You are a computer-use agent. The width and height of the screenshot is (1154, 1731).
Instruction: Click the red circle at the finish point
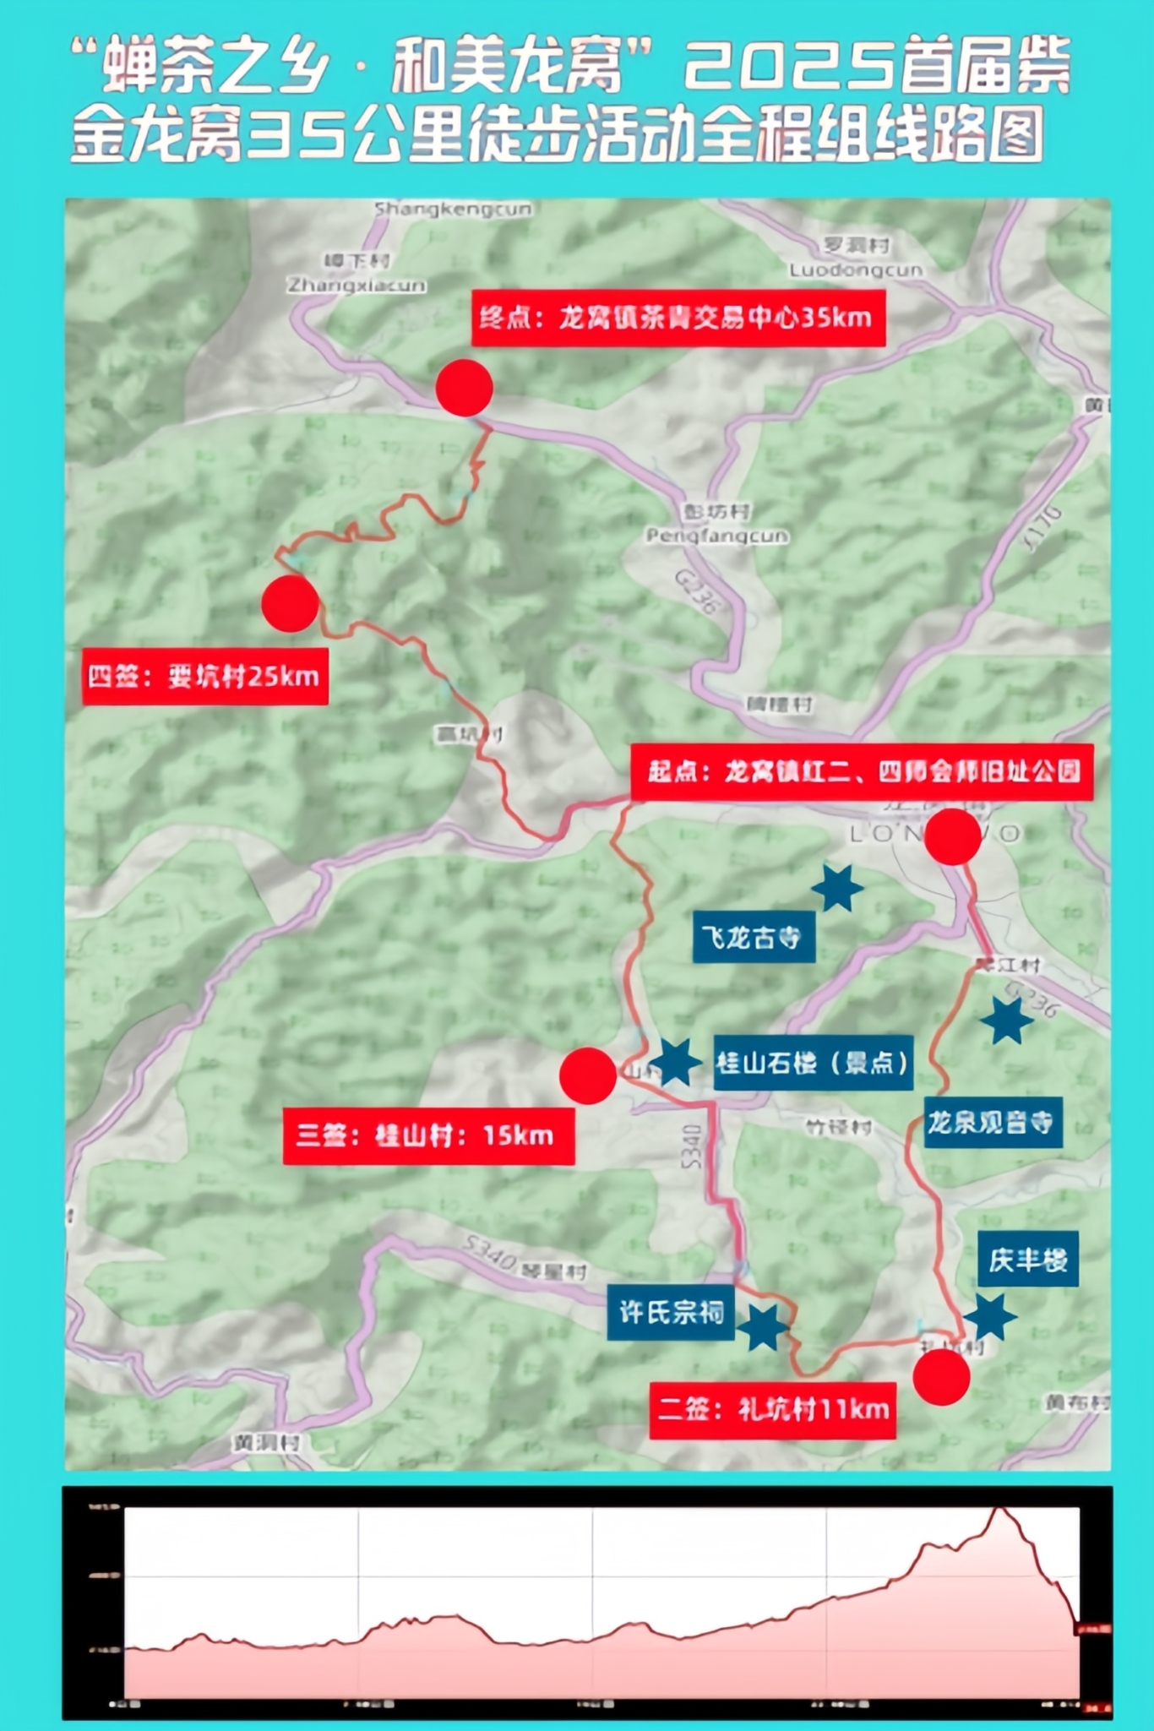coord(464,388)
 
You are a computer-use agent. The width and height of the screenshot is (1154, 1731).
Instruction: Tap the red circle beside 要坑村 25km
coord(290,603)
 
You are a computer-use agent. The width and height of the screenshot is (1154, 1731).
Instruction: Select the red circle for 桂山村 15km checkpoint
coord(587,1075)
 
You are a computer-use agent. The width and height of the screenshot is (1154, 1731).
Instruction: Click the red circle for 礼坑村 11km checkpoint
coord(941,1377)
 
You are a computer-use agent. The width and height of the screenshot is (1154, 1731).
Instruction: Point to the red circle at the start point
coord(952,836)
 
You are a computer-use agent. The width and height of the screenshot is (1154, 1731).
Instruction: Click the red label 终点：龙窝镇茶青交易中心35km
coord(678,318)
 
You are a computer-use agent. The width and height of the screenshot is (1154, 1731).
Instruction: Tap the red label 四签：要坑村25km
coord(204,676)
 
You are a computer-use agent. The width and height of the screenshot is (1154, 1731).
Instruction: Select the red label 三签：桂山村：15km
coord(427,1135)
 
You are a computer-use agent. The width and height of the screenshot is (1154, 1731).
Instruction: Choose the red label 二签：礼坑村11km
coord(772,1410)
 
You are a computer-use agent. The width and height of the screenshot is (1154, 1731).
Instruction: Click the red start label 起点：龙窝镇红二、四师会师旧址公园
coord(862,771)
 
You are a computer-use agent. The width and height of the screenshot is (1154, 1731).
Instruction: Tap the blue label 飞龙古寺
coord(753,937)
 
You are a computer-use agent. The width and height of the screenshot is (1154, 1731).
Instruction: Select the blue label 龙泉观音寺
coord(992,1122)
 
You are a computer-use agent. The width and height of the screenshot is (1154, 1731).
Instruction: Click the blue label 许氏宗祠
coord(672,1312)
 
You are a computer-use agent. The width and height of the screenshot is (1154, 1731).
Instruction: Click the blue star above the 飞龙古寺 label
coord(837,888)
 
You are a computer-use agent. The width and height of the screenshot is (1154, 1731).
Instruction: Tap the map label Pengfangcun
coord(716,536)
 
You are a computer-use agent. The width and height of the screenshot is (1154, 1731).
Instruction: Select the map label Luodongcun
coord(855,270)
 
